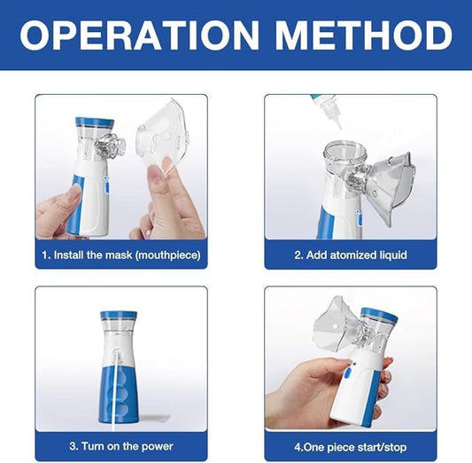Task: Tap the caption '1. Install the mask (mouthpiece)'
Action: point(121,255)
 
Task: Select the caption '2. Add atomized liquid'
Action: point(351,255)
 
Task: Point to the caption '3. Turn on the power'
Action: point(121,446)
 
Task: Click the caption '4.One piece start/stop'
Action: point(351,446)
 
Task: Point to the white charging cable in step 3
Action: point(112,390)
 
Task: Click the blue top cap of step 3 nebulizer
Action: point(118,315)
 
